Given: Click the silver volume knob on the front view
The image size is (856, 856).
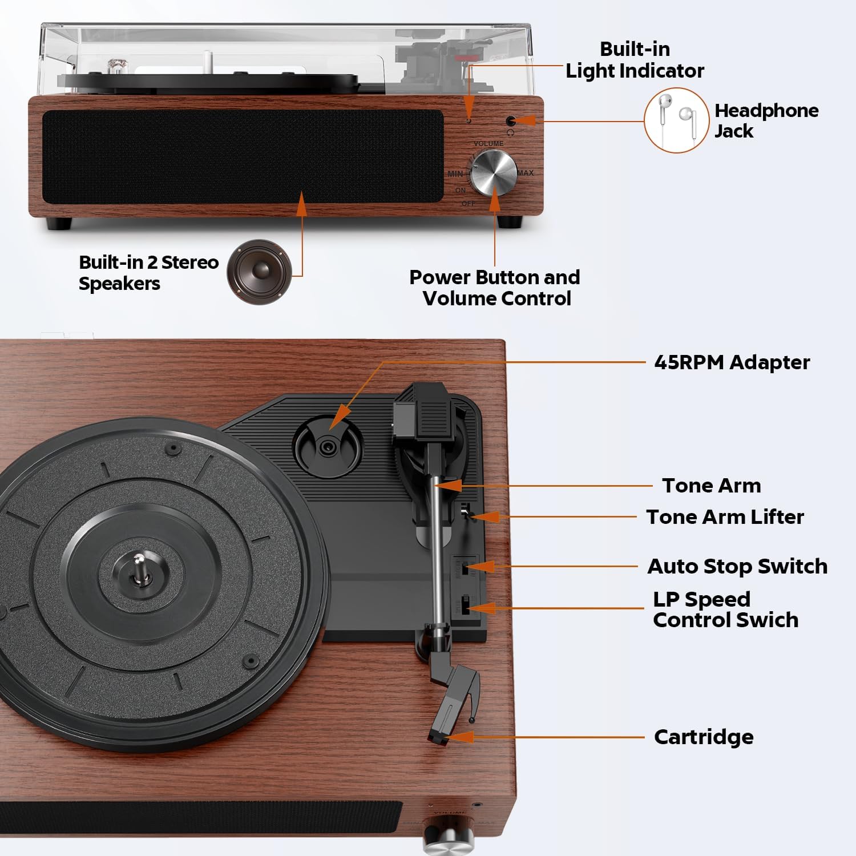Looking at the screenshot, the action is click(x=494, y=173).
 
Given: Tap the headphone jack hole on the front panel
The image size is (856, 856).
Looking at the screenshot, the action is click(x=511, y=121).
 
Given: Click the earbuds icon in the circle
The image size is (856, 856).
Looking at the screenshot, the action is click(x=676, y=120).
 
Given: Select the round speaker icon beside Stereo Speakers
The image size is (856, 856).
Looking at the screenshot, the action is click(x=259, y=272).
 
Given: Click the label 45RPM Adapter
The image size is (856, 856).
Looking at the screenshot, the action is click(x=732, y=362).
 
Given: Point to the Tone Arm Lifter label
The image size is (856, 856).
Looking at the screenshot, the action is click(x=725, y=517).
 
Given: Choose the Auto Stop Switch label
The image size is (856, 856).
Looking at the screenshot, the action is click(x=737, y=566).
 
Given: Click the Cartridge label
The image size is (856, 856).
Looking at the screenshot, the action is click(x=704, y=737).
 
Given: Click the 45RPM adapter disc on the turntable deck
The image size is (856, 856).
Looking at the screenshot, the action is click(x=328, y=446).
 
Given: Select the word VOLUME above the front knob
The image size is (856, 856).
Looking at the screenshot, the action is click(x=488, y=144).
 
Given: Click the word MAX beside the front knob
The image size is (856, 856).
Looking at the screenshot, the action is click(x=526, y=173).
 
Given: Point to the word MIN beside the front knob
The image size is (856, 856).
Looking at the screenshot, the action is click(x=455, y=173).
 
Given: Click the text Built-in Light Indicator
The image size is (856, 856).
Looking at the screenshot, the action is click(x=635, y=60).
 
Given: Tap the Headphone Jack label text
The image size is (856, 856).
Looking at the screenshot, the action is click(x=766, y=120).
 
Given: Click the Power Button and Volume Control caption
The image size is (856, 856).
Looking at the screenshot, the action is click(x=495, y=288).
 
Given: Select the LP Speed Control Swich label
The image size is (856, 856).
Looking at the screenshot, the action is click(x=725, y=609).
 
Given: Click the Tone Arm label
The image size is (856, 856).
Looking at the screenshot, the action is click(x=712, y=486).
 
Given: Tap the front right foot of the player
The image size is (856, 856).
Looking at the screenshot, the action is click(x=510, y=222).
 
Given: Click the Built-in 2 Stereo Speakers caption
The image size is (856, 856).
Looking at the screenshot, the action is click(x=148, y=273).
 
